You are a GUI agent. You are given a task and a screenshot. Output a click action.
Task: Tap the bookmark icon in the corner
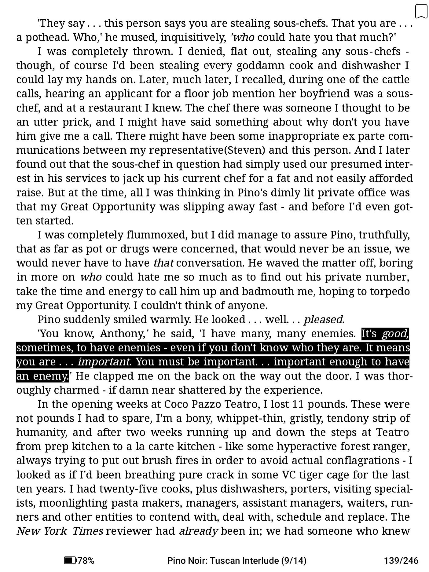coord(421,11)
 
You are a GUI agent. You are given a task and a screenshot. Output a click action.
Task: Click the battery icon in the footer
coord(70,560)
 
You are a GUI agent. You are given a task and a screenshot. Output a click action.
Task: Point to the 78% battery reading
coord(86,560)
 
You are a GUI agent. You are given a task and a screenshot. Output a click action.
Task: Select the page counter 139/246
coord(401,560)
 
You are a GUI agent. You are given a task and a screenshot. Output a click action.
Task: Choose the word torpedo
coord(390,291)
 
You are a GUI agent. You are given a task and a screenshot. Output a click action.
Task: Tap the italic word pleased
coord(324,320)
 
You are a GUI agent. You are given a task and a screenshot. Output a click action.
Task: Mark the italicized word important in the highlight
coord(105,362)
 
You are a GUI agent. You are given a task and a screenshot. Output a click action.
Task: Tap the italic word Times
coord(88,531)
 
